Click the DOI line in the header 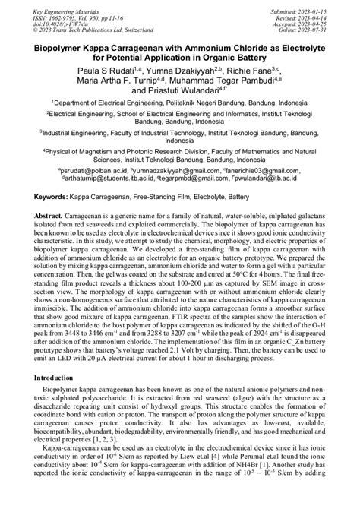click(58, 24)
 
